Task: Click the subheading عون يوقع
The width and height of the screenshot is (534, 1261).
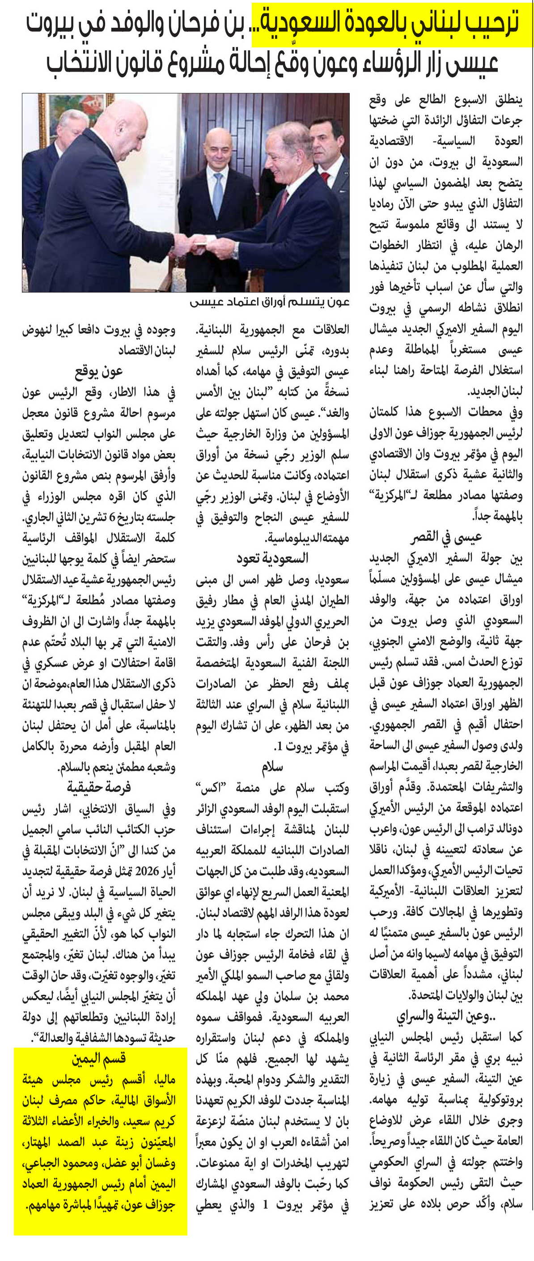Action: [98, 372]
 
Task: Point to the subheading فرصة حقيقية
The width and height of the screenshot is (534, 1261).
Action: [98, 787]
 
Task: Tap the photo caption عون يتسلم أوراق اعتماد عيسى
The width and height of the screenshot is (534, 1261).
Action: [270, 302]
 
